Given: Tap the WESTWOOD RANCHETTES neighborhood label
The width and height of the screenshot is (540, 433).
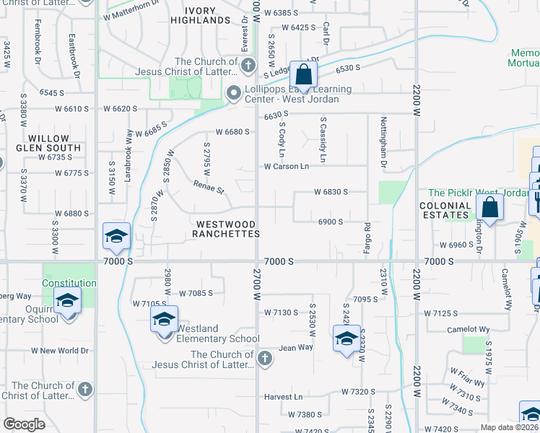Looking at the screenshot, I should pyautogui.click(x=226, y=229).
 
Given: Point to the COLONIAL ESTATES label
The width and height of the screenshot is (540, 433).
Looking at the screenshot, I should pyautogui.click(x=445, y=210).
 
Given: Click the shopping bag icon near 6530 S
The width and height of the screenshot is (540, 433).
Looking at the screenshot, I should pyautogui.click(x=304, y=74).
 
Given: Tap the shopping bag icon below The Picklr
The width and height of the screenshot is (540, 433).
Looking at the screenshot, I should pyautogui.click(x=489, y=208).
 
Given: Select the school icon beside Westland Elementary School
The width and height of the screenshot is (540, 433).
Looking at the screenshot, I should pyautogui.click(x=164, y=319).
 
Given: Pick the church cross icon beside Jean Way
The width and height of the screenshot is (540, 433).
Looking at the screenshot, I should pyautogui.click(x=265, y=358).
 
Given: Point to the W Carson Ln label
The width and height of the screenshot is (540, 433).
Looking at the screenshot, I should pyautogui.click(x=286, y=167).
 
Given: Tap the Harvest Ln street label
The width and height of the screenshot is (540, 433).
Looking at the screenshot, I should pyautogui.click(x=283, y=397).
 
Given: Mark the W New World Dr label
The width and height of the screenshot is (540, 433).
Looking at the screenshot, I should pyautogui.click(x=59, y=351).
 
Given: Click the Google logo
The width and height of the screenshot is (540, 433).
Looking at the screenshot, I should pyautogui.click(x=24, y=424).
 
